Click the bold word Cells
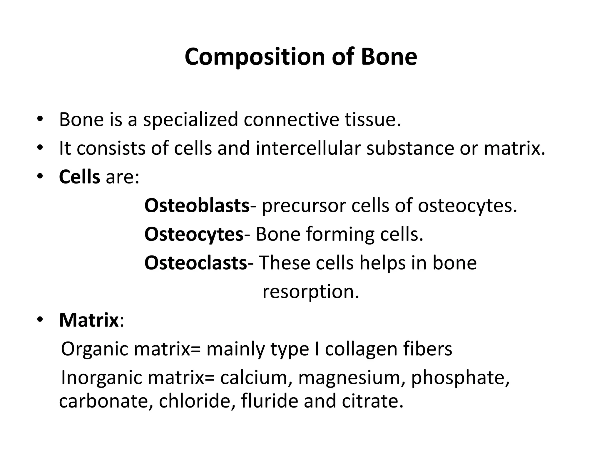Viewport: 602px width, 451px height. pyautogui.click(x=79, y=177)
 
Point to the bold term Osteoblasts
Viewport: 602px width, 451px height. pyautogui.click(x=197, y=206)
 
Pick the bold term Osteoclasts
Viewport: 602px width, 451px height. pyautogui.click(x=195, y=263)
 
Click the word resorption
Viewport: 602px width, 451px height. pyautogui.click(x=311, y=292)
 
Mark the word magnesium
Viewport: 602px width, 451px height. pyautogui.click(x=350, y=378)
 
